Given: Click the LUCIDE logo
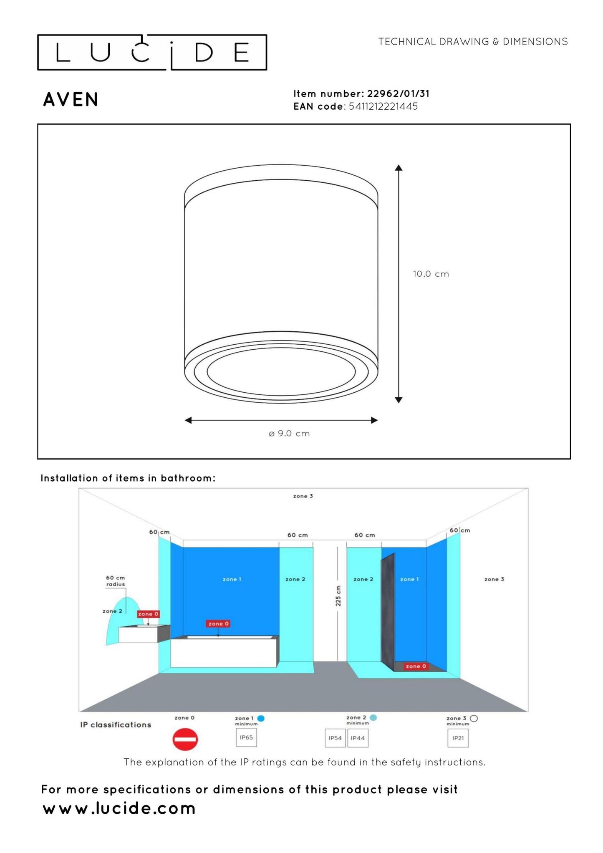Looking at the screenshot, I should pyautogui.click(x=152, y=53).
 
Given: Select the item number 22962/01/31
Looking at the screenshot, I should pyautogui.click(x=398, y=93).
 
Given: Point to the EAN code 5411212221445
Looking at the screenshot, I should pyautogui.click(x=383, y=106).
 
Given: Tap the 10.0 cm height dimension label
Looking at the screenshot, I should pyautogui.click(x=431, y=274).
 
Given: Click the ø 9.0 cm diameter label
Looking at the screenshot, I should pyautogui.click(x=289, y=434).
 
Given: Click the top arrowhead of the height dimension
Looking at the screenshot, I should pyautogui.click(x=399, y=168).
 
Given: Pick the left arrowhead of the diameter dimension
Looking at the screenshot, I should pyautogui.click(x=189, y=420).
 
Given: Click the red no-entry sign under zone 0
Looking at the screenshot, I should pyautogui.click(x=185, y=739).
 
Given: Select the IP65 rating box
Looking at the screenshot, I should pyautogui.click(x=246, y=737).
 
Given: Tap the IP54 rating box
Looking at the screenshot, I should pyautogui.click(x=335, y=738).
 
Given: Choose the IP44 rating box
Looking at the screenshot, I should pyautogui.click(x=358, y=738).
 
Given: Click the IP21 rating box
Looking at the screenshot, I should pyautogui.click(x=458, y=738).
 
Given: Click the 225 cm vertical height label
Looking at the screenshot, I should pyautogui.click(x=338, y=596).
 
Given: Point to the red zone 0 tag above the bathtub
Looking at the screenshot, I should pyautogui.click(x=218, y=623).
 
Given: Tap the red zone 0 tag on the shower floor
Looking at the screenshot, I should pyautogui.click(x=416, y=666).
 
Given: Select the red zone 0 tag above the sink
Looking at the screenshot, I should pyautogui.click(x=148, y=614).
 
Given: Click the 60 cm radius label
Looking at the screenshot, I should pyautogui.click(x=115, y=581).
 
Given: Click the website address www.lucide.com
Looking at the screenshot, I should pyautogui.click(x=119, y=808).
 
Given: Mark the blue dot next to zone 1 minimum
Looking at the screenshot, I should pyautogui.click(x=261, y=718).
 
